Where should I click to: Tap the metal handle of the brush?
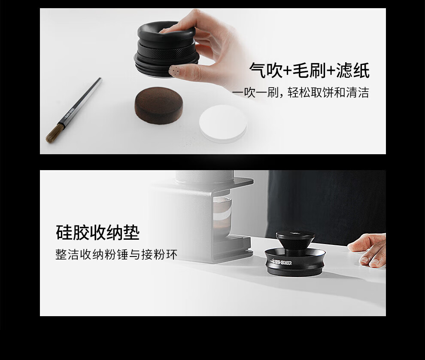[82, 101]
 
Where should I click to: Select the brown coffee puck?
[158, 105]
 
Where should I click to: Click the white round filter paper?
[223, 123]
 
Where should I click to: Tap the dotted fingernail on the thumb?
[174, 70]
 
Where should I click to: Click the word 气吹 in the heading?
[266, 70]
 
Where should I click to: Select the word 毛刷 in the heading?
[309, 70]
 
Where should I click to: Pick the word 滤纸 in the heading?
[352, 70]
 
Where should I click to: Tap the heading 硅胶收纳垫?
[98, 232]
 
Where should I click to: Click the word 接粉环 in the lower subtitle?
[159, 255]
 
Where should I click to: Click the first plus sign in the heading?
[288, 71]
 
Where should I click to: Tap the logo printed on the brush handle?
[69, 114]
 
